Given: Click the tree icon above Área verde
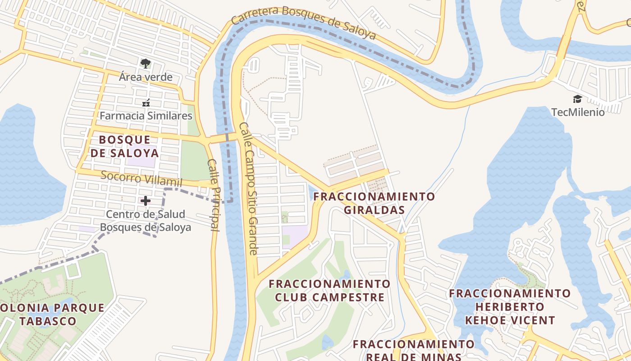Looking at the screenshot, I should pos(145,63).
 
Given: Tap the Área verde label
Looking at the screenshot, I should pos(146,77).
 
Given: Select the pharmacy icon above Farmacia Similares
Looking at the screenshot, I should pos(146,103).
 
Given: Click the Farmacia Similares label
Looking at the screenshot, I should pos(146,116).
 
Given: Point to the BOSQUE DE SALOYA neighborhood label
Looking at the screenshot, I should pos(124,146).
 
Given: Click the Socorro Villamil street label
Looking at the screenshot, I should pos(141,179).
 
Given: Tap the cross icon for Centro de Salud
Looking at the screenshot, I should pos(146,200).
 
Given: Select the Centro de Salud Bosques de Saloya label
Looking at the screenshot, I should pos(146,221).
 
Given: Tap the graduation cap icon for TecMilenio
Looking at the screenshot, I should pos(577,99).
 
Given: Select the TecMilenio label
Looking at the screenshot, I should pos(578,112).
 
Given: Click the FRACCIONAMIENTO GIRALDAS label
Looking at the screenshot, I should pos(374,203).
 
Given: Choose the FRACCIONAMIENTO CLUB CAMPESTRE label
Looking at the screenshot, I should pos(329,291).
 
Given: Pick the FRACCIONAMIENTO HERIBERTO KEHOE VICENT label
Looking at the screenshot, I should pos(510,307).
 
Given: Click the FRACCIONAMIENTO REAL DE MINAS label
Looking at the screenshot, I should pos(413,350).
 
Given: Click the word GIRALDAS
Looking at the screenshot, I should pos(374,210).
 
